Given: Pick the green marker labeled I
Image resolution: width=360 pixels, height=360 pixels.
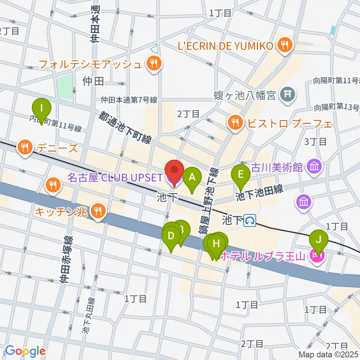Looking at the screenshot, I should click(42, 109).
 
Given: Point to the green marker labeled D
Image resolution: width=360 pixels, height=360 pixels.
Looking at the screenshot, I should click(171, 236).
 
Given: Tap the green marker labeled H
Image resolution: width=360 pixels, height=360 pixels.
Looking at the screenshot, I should click(216, 244).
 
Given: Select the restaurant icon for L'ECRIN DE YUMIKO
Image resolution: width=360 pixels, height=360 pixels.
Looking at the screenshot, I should click(285, 45).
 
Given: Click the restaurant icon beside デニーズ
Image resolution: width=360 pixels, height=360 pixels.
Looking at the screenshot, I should click(25, 147).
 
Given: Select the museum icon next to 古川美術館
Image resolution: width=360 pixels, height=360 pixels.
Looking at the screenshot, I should click(314, 166).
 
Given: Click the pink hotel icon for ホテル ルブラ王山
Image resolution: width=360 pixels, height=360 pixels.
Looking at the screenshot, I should click(316, 257).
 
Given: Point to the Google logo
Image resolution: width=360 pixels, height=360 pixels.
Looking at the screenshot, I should click(25, 351).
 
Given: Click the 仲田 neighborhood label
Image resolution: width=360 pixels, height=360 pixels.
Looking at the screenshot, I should click(94, 81).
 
